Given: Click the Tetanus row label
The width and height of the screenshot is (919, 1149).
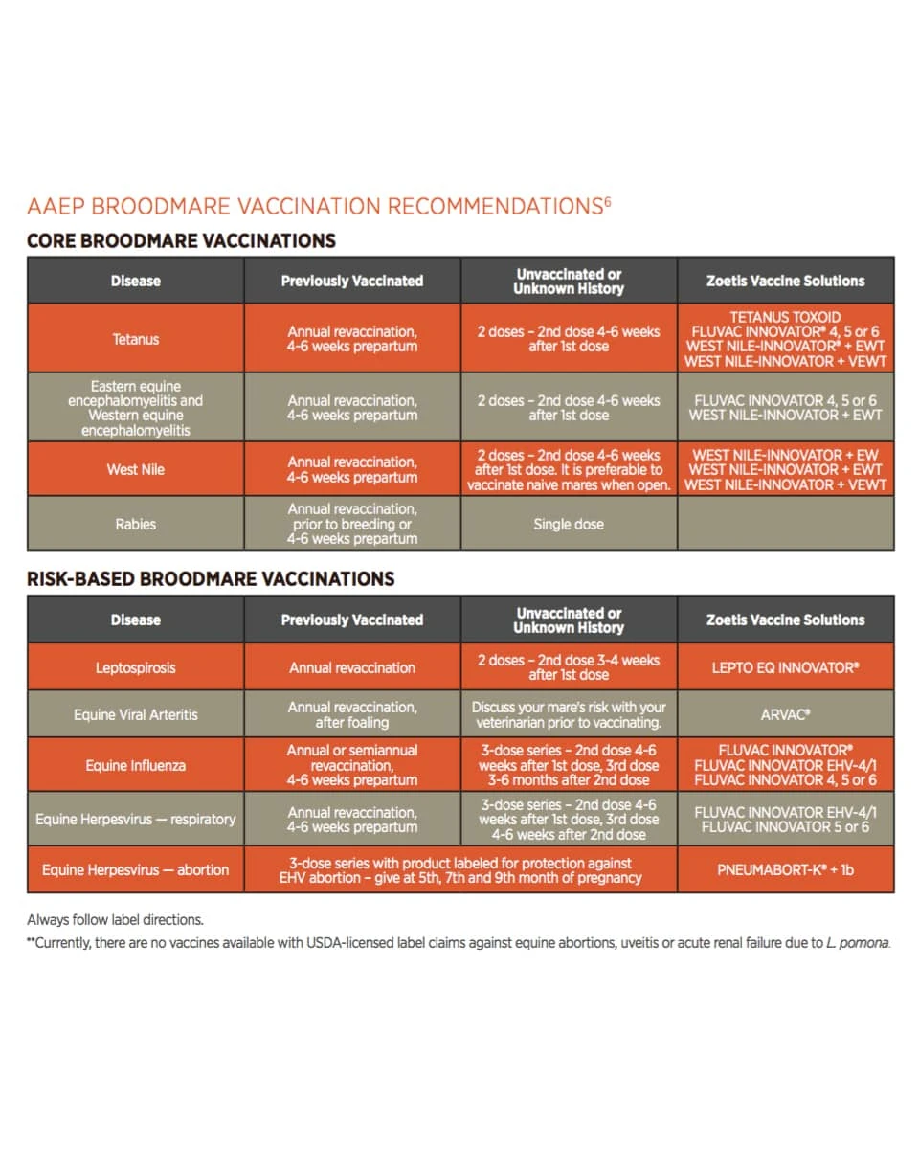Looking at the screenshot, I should [x=135, y=339].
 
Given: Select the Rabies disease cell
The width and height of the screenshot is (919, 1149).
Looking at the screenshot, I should [x=135, y=524].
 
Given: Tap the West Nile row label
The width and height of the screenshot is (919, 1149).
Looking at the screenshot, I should [x=135, y=469].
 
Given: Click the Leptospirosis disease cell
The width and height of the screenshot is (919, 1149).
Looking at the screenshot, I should [x=135, y=667].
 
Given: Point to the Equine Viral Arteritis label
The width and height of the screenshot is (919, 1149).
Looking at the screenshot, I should [x=135, y=714].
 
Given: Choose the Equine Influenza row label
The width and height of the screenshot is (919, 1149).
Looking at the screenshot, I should [x=135, y=765].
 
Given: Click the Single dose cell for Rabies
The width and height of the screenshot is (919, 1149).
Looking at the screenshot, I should [x=569, y=524].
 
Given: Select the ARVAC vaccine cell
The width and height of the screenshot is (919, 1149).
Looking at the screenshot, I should [x=785, y=714].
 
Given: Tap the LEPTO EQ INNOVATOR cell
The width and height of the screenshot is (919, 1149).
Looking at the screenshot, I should [x=785, y=667].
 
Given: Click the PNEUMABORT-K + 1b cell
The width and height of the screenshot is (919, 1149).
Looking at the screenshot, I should [x=785, y=870].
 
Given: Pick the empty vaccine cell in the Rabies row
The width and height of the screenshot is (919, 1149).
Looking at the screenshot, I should [x=785, y=524].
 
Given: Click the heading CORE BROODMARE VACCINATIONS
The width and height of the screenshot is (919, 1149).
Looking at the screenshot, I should [x=181, y=240].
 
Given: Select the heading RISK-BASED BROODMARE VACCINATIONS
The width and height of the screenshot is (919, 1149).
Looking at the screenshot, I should [x=211, y=578].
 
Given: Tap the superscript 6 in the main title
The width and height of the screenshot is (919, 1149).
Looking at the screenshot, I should [x=607, y=200].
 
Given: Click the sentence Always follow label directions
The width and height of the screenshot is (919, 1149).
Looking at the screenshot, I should [x=115, y=920].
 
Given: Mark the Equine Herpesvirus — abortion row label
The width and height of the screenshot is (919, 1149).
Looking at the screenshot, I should [x=135, y=870].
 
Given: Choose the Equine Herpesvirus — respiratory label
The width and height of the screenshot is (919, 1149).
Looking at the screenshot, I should [x=135, y=820].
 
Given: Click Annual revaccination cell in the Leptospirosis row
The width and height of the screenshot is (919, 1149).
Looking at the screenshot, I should [x=352, y=667].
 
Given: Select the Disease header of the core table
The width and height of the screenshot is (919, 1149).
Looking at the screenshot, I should [x=135, y=281].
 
